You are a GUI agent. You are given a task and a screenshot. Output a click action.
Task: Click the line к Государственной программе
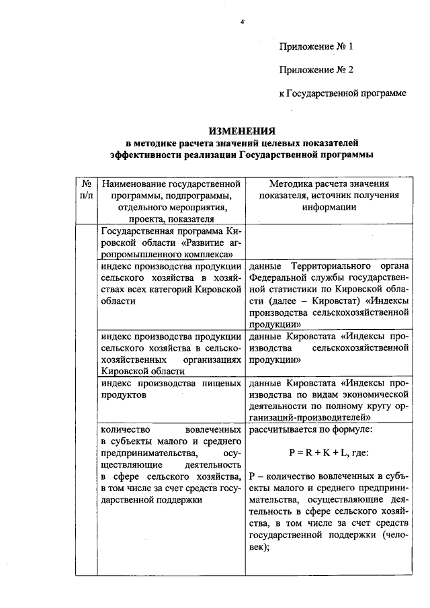pos(343,93)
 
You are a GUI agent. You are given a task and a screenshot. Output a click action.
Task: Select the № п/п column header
pos(86,189)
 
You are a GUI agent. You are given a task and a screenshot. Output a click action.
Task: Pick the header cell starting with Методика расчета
pos(328,195)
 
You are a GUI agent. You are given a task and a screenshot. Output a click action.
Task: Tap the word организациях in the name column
pos(210,359)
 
